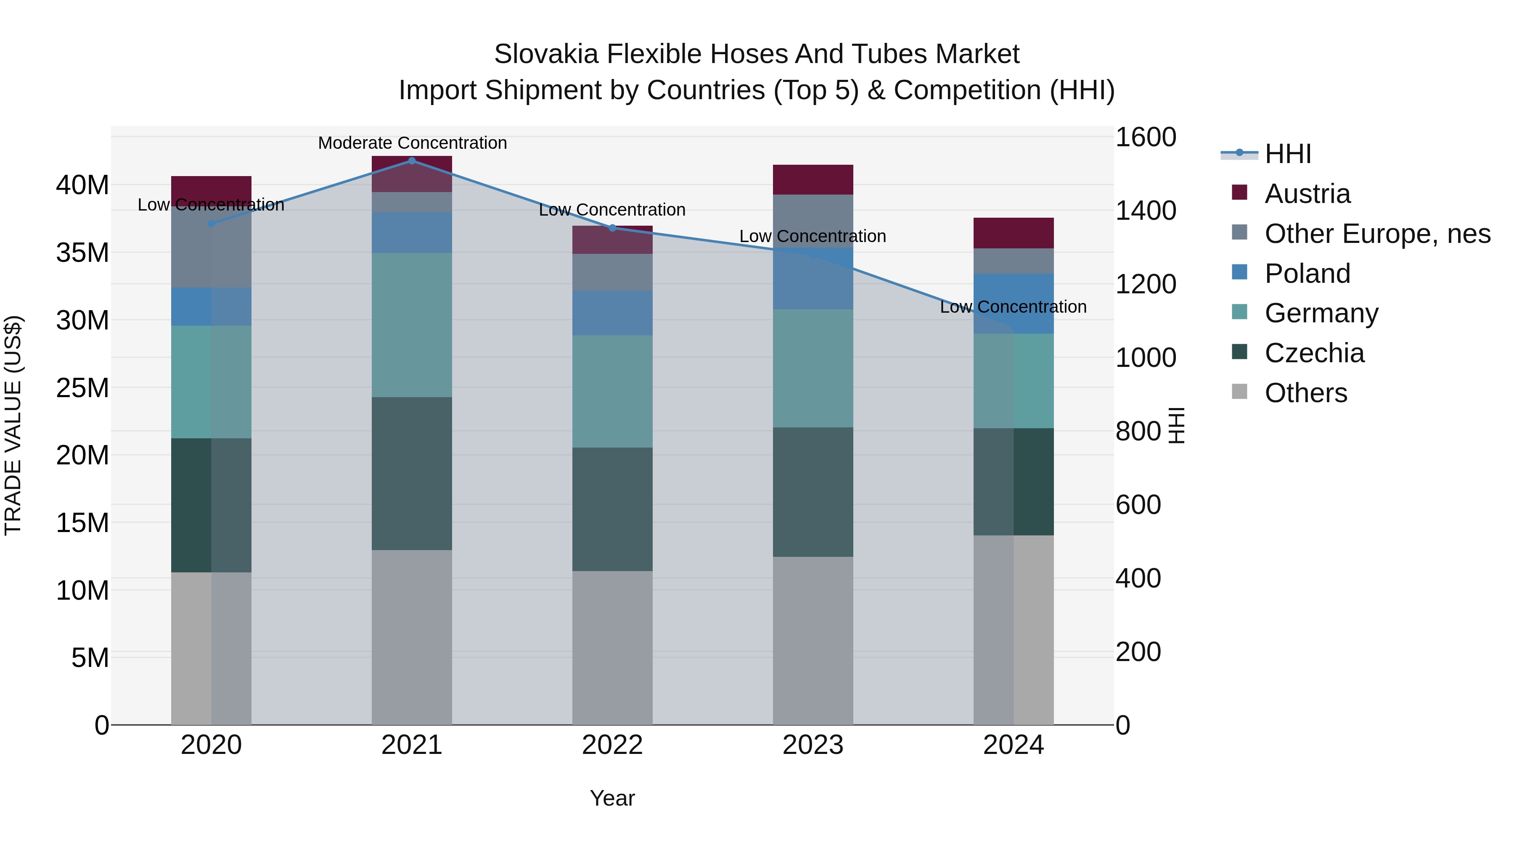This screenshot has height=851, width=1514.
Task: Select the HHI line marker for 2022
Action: pyautogui.click(x=612, y=228)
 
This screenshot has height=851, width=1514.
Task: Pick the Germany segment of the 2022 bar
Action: pyautogui.click(x=612, y=391)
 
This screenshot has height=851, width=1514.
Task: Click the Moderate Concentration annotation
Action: pyautogui.click(x=412, y=143)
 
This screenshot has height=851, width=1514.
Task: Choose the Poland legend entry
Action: pyautogui.click(x=1307, y=274)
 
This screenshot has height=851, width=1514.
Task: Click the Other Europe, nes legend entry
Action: pyautogui.click(x=1377, y=234)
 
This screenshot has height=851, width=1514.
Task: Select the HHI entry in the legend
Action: pyautogui.click(x=1287, y=154)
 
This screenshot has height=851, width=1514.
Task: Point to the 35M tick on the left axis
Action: pyautogui.click(x=82, y=253)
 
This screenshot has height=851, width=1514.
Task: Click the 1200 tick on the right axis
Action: pyautogui.click(x=1146, y=284)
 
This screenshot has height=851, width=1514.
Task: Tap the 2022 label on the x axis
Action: pyautogui.click(x=612, y=745)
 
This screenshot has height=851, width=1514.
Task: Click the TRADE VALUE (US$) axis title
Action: pyautogui.click(x=13, y=425)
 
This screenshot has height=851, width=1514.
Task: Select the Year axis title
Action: pyautogui.click(x=612, y=798)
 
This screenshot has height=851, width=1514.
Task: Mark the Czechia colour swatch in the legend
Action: pyautogui.click(x=1239, y=352)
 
